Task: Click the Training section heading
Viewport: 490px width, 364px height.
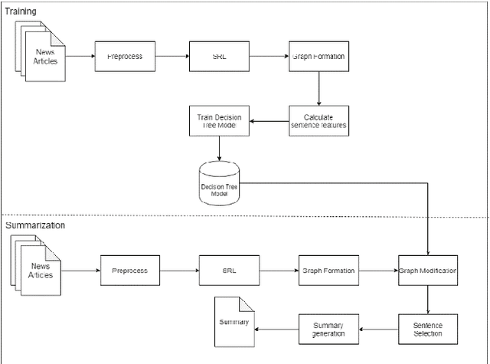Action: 21,12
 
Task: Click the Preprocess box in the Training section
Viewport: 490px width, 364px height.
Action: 124,57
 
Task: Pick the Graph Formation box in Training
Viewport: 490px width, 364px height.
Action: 318,57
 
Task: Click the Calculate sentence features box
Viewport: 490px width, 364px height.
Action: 318,121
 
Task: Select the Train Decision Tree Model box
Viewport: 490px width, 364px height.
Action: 220,121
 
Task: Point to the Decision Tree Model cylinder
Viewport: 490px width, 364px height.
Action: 220,184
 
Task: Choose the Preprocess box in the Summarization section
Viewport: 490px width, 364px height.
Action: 130,271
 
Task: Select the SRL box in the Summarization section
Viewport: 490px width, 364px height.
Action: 229,271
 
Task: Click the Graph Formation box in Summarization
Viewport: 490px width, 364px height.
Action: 327,271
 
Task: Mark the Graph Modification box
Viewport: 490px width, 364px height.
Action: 426,271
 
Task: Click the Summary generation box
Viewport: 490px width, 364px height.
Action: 328,330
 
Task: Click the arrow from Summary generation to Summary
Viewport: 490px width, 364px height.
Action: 276,330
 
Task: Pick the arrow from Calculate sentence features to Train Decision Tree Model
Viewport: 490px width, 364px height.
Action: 271,121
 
